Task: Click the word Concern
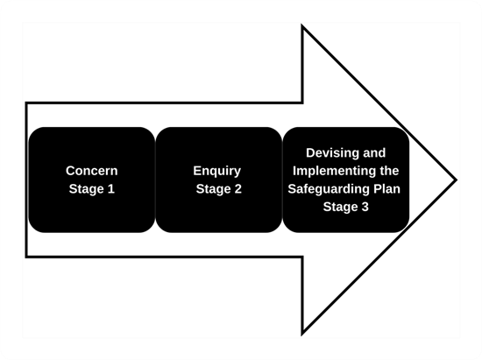[x=91, y=171]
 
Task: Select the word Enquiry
[x=216, y=171]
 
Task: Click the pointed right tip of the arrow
[x=456, y=180]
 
